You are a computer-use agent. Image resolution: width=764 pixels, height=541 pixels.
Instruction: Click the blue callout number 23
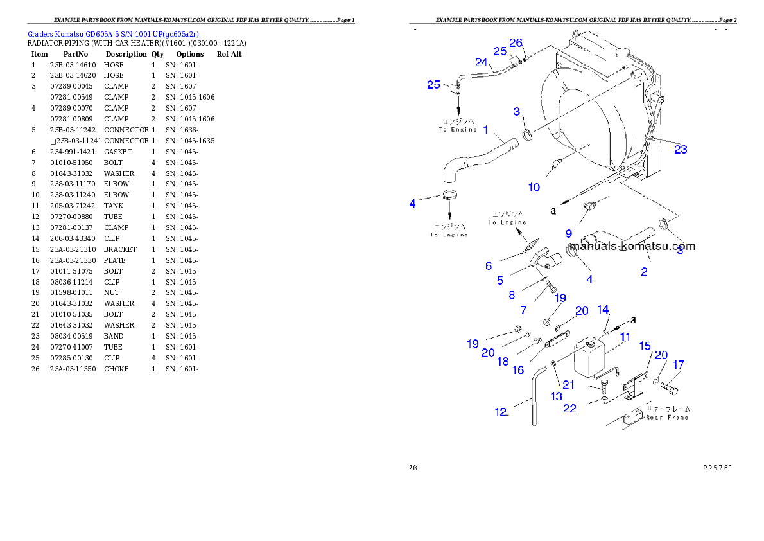[681, 149]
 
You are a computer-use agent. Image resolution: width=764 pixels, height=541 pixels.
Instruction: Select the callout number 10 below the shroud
[534, 187]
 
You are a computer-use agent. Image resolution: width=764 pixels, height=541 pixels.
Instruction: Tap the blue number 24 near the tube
[482, 62]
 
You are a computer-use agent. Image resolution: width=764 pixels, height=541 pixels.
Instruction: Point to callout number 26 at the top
[516, 43]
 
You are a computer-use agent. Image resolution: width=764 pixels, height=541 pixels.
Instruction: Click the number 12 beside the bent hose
[501, 412]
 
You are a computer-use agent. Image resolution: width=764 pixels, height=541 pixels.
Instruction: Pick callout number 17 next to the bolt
[678, 365]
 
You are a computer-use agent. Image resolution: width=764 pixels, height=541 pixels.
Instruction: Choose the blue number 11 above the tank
[625, 337]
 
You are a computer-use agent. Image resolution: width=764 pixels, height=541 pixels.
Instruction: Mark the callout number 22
[570, 409]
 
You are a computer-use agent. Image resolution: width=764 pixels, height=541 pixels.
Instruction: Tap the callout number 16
[518, 370]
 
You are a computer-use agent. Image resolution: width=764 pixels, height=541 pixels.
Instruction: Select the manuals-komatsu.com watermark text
[632, 246]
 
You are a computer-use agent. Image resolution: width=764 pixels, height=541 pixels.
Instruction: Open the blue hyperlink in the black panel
[113, 34]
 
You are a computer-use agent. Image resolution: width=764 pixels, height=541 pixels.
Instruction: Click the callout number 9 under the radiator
[569, 234]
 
